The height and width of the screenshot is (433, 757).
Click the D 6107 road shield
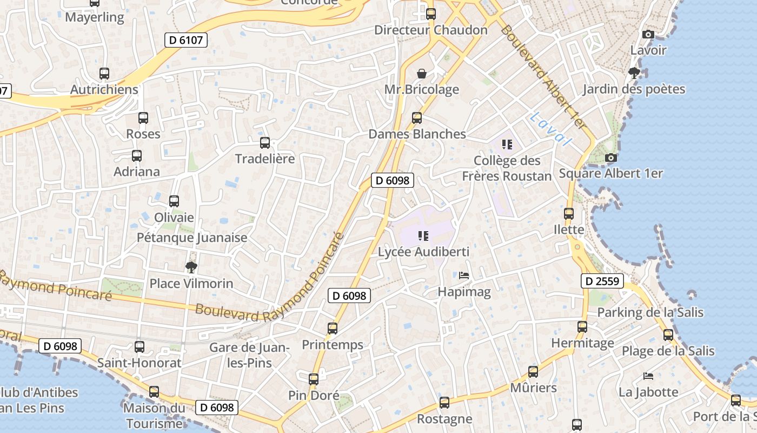point(185,40)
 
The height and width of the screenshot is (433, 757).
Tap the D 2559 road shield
point(602,281)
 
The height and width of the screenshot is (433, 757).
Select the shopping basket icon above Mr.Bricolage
point(421,74)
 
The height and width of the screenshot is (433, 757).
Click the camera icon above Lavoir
point(648,34)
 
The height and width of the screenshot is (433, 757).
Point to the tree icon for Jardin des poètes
point(634,73)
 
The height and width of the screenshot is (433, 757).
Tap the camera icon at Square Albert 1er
point(610,158)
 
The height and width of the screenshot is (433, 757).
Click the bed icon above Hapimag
point(463,275)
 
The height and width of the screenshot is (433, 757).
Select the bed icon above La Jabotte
point(648,376)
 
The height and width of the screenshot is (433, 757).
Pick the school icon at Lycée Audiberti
point(423,236)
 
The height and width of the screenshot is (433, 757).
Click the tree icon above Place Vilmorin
point(191,267)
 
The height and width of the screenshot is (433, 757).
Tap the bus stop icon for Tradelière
point(264,143)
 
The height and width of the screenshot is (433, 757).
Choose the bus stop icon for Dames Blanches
point(416,118)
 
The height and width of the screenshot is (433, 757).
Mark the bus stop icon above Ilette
point(568,214)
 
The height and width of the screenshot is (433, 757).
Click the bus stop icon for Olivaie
point(174,201)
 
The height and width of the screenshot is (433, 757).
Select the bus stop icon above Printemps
point(332,329)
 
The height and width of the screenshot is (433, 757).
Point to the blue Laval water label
point(550,129)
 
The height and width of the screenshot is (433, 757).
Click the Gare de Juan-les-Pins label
point(249,355)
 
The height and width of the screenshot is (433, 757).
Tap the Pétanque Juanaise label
point(192,238)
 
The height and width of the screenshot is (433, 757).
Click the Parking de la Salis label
point(650,312)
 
